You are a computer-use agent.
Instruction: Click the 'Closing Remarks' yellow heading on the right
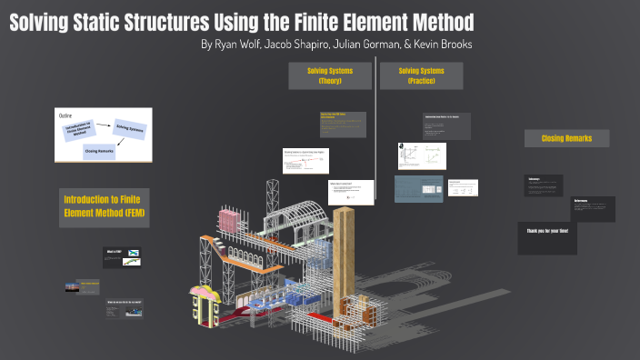(x=566, y=138)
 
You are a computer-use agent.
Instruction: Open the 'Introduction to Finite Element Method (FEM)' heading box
(x=103, y=206)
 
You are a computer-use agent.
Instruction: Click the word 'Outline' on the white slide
(x=66, y=116)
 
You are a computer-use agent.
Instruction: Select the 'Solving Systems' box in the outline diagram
(x=130, y=130)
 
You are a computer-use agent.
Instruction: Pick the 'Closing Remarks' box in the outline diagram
(x=100, y=152)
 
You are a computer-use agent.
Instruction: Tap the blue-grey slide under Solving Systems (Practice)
(x=418, y=189)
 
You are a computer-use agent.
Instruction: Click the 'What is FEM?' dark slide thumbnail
(x=120, y=257)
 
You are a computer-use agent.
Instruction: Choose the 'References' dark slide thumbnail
(x=592, y=207)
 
